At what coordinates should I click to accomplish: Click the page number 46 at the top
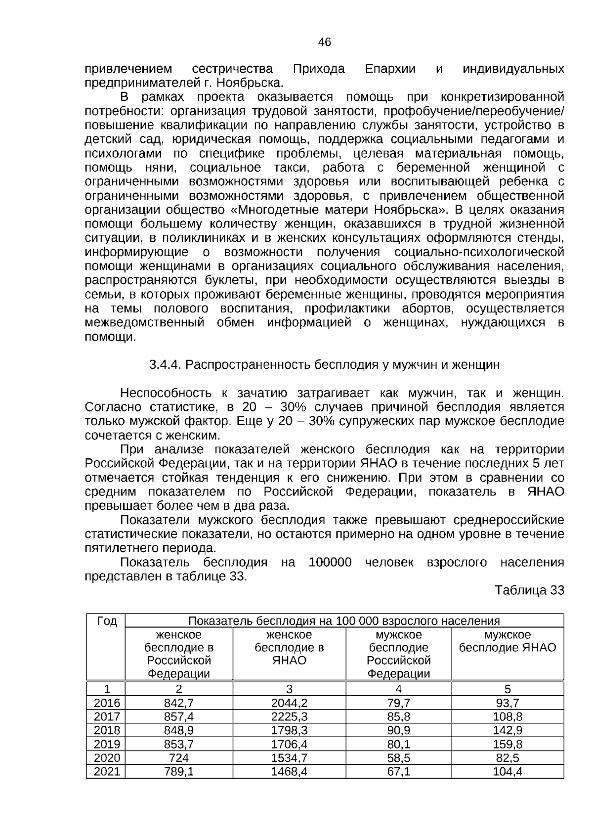coord(325,43)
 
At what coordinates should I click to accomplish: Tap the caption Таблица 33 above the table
coord(529,590)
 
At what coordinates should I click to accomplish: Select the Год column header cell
coord(107,621)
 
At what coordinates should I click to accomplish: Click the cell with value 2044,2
coord(289,703)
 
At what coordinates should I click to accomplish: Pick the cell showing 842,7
coord(179,703)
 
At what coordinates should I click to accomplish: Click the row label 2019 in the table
coord(107,744)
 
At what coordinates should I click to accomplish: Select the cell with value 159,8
coord(508,744)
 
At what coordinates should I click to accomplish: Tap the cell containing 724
coord(179,758)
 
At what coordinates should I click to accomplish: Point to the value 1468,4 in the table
coord(289,772)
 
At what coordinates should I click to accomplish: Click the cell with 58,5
coord(398,758)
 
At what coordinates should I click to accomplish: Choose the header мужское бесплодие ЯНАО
coord(508,641)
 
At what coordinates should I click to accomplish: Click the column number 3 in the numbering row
coord(289,689)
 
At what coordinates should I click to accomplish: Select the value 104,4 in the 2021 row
coord(508,772)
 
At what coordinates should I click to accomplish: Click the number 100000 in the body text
coord(330,563)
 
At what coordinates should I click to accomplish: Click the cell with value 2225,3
coord(289,716)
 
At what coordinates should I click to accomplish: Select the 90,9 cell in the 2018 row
coord(398,730)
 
